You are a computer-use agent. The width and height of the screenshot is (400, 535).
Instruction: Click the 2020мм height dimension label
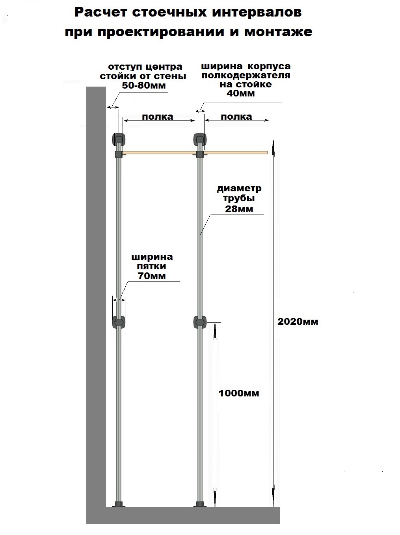pos(298,322)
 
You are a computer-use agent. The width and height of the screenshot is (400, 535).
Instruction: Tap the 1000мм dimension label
pos(239,393)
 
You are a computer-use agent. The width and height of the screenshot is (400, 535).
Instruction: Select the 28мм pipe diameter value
pos(239,209)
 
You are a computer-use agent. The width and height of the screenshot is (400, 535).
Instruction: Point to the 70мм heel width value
pos(152,276)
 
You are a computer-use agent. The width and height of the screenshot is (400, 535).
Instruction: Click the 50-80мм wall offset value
pos(144,85)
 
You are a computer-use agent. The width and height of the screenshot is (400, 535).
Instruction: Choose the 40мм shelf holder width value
pos(241,93)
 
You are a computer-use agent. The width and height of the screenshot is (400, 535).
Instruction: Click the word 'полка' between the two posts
pos(158,117)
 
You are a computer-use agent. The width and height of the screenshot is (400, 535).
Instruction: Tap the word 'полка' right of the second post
pos(236,117)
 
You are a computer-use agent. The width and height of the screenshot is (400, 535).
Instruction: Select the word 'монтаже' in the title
pos(278,32)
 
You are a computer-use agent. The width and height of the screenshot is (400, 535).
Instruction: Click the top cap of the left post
pos(119,139)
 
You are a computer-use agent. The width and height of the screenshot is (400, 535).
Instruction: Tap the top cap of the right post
pos(200,139)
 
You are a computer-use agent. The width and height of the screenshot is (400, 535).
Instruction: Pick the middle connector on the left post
pos(119,322)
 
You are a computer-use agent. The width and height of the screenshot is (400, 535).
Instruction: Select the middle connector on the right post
pos(200,322)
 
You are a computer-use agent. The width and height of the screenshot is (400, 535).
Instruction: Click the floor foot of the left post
pos(119,504)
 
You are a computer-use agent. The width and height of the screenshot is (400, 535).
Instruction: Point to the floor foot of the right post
pos(200,504)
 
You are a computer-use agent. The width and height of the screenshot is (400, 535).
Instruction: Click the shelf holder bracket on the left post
pos(119,154)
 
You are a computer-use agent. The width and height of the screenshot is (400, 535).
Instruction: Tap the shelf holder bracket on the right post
pos(200,154)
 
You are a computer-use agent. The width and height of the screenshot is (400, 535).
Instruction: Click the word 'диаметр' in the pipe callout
pos(239,189)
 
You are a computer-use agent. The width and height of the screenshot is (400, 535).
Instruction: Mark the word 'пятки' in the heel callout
pos(152,266)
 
